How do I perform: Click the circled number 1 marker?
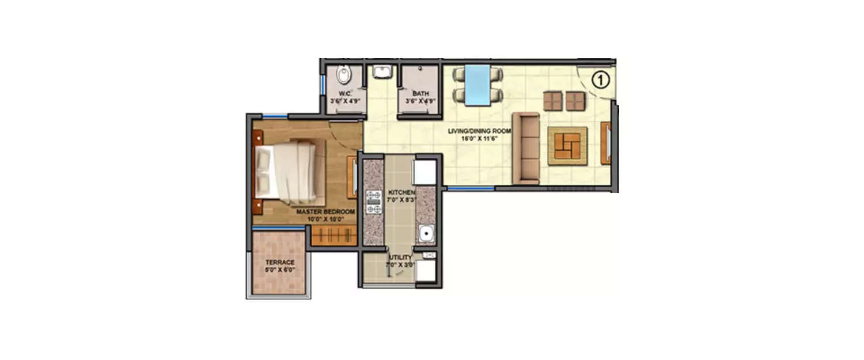[600, 80]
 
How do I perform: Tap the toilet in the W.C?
[343, 75]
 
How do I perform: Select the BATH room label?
[420, 93]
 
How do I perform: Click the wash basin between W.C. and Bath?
[381, 72]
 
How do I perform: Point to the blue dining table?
[478, 85]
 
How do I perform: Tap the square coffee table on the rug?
[567, 146]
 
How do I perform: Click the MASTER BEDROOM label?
[325, 212]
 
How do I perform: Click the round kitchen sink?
[426, 234]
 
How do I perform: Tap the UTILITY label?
[401, 257]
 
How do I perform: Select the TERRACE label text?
[280, 262]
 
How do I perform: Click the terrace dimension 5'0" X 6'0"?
[280, 269]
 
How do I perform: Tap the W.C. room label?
[345, 93]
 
